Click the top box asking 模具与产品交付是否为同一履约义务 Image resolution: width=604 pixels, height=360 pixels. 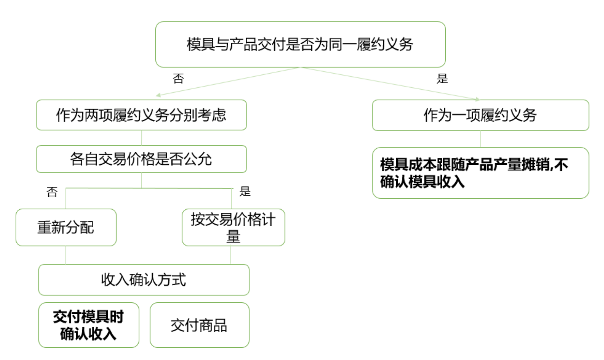300,44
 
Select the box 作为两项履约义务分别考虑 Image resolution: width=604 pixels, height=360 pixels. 141,115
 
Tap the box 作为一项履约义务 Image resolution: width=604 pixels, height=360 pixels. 480,115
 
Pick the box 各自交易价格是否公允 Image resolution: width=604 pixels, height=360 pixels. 141,159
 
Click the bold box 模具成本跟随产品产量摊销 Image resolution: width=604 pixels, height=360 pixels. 480,173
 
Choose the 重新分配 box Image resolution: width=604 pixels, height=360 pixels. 66,227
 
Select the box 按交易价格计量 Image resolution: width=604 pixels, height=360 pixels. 233,227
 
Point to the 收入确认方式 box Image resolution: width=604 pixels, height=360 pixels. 143,280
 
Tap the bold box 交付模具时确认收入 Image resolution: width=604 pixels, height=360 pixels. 88,325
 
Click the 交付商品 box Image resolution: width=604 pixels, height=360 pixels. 199,325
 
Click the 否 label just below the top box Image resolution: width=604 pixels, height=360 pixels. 178,78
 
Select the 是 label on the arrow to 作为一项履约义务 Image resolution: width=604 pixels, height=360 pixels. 442,78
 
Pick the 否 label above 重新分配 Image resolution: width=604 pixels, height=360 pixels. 52,192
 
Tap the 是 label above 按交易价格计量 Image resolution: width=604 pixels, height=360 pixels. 245,192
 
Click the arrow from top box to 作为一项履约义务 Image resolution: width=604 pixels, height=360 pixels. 390,83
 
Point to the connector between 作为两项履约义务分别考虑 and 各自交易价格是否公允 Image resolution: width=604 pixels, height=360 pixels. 141,138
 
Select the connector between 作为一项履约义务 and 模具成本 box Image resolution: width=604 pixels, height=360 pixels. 481,139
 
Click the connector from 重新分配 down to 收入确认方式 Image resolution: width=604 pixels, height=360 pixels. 66,255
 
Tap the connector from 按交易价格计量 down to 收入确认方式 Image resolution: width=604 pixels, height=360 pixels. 231,255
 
